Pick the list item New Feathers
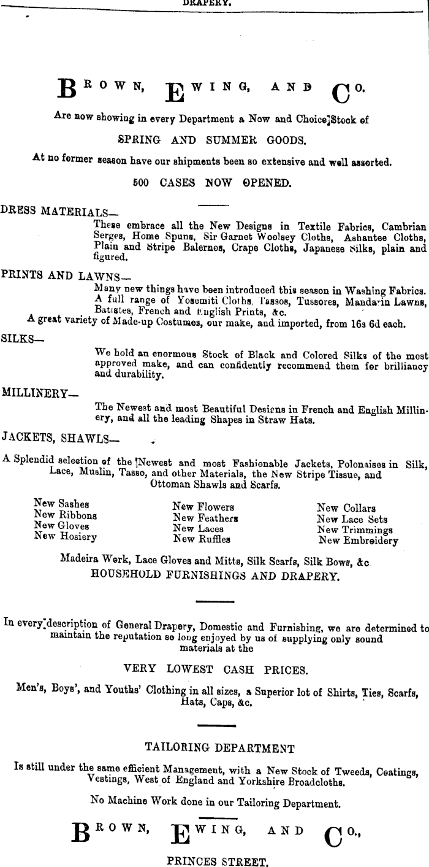click(205, 518)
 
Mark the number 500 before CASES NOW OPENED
click(141, 183)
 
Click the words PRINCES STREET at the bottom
click(218, 861)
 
